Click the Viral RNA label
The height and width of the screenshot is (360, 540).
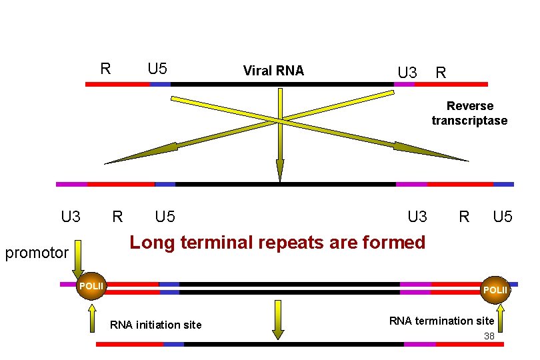[x=273, y=71]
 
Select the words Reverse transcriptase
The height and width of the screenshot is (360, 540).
[x=469, y=113]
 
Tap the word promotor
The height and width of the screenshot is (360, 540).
[x=37, y=253]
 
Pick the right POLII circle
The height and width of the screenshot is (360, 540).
[x=496, y=290]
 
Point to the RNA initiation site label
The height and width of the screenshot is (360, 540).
[x=155, y=325]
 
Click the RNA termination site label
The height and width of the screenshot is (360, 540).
[x=441, y=321]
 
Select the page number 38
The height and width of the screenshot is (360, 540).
[x=489, y=336]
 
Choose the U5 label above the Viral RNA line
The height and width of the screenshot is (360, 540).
[x=157, y=69]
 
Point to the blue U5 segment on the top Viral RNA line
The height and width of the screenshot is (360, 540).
[x=160, y=85]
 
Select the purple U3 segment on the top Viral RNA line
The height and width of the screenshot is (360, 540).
[x=404, y=85]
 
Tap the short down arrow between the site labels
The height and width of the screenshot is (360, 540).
[x=279, y=320]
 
